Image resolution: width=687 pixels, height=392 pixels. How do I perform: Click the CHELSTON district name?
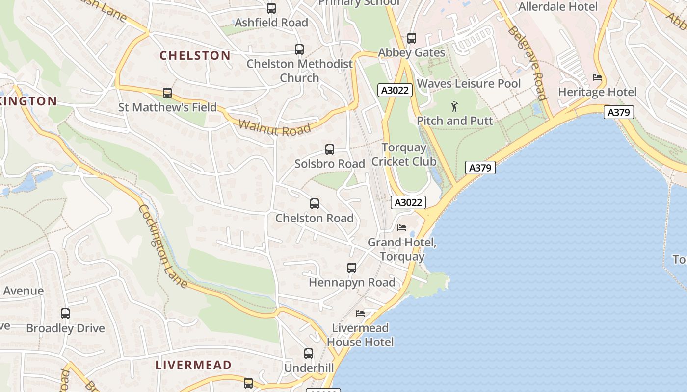click(x=195, y=55)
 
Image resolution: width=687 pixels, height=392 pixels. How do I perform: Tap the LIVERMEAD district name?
click(x=193, y=365)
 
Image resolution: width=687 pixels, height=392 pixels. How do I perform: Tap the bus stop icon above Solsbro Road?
click(x=330, y=149)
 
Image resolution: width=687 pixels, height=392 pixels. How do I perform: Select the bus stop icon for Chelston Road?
click(x=315, y=204)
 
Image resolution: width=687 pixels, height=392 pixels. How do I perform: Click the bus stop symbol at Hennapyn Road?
click(x=352, y=268)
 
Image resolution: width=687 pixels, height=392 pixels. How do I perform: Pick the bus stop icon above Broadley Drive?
click(x=65, y=314)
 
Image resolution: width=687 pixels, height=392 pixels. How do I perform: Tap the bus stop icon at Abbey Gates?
click(x=412, y=38)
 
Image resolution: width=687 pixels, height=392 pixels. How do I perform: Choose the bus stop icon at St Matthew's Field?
click(x=167, y=93)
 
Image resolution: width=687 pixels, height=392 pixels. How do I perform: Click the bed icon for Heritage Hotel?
click(x=597, y=77)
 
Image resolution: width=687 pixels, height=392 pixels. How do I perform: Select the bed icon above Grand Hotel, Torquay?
click(x=402, y=228)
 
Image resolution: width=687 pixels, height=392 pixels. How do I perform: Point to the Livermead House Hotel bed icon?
click(x=360, y=314)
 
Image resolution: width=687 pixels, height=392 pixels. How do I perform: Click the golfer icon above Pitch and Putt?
click(x=454, y=106)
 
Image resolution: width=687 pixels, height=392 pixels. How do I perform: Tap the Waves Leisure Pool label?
click(x=469, y=84)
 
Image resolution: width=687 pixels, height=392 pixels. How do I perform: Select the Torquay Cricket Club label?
click(x=404, y=154)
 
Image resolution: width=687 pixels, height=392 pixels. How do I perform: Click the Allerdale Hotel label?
click(x=558, y=7)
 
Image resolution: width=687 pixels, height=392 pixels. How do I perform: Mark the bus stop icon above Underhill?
click(x=309, y=354)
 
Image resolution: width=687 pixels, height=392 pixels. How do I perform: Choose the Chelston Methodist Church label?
click(x=299, y=71)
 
